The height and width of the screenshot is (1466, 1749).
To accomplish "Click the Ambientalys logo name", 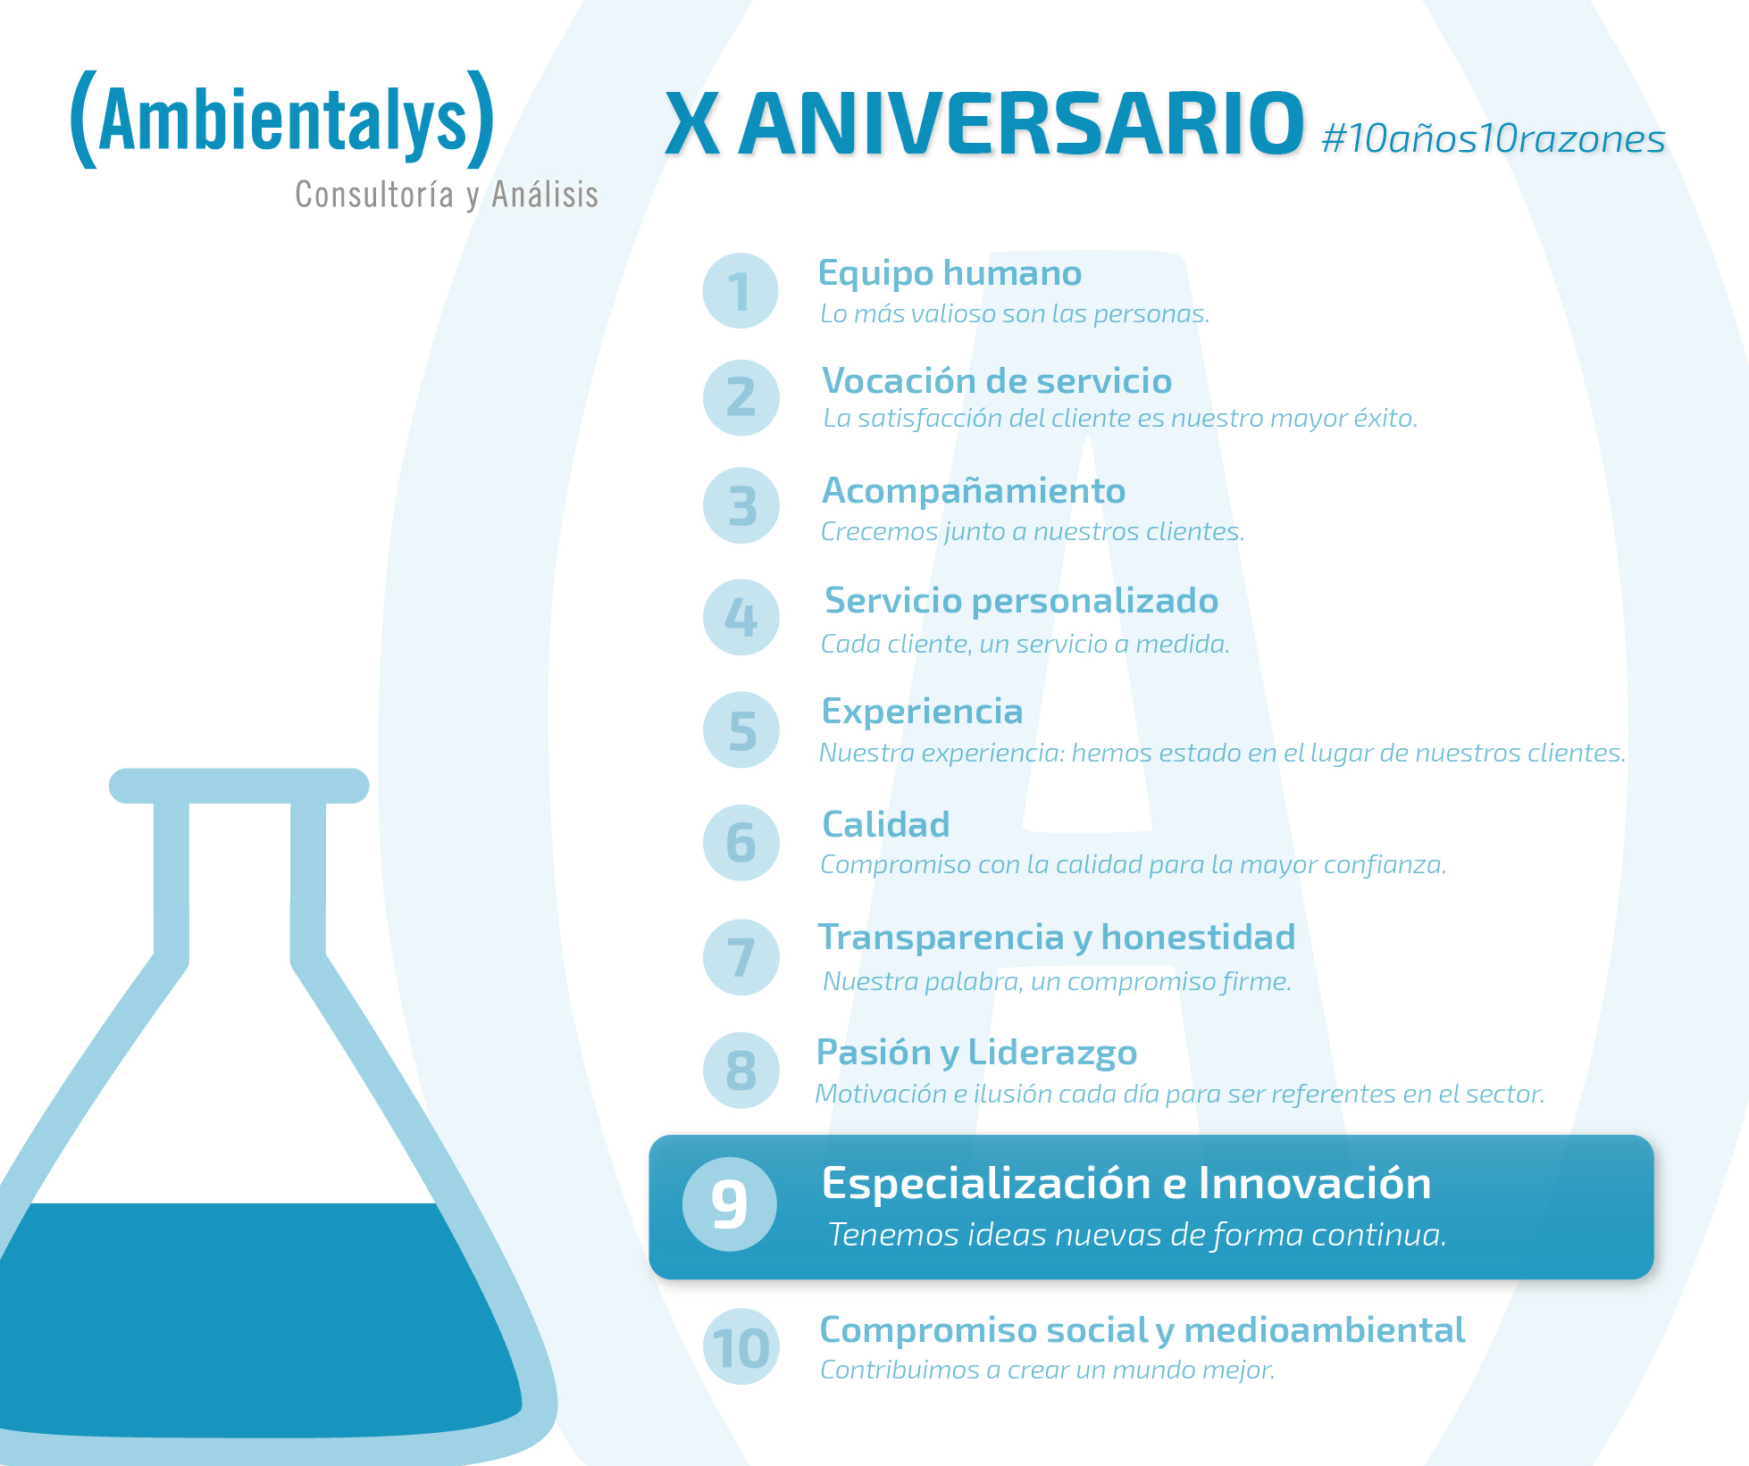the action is coord(282,120).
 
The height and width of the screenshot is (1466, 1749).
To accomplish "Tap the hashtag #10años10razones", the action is coord(1494,138).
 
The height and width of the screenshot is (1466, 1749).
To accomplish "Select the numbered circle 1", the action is coord(741,291).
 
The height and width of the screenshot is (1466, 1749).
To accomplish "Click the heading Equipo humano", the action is coord(950,274).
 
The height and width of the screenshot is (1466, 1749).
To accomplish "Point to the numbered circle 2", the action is coord(741,397).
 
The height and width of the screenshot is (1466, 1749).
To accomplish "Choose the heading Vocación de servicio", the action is coord(997,380).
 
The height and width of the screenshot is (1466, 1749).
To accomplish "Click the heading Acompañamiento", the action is coord(974,492).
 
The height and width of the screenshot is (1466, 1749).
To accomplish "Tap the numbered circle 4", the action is coord(741,617).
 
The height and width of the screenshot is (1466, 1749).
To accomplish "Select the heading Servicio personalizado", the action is coord(1021,602).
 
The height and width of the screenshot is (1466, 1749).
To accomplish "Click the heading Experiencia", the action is coord(922,712).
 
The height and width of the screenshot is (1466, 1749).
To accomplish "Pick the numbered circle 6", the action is coord(741,842).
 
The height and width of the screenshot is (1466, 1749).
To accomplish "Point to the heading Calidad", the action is coord(885,824).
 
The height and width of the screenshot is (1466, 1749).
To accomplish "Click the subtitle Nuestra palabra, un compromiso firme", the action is coord(1057,981).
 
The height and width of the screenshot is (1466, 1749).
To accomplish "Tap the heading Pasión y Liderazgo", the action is coord(976,1054).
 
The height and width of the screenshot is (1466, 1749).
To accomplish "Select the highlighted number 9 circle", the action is coord(730,1204).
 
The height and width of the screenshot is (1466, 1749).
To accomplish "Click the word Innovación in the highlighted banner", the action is coord(1314,1183).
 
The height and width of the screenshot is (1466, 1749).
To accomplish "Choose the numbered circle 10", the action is coord(741,1346).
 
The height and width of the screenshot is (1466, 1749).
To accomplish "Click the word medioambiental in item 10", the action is coord(1325,1330).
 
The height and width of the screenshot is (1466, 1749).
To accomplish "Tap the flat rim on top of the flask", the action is coord(238,786).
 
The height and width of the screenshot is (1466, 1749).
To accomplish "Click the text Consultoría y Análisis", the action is coord(447,195).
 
